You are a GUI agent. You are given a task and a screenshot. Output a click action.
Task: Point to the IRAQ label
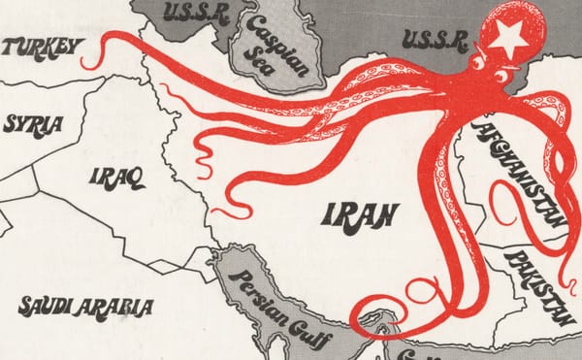click(x=116, y=177)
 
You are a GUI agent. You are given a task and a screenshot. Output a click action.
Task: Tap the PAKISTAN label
click(x=539, y=282)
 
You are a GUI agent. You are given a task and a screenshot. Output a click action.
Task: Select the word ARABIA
click(x=121, y=308)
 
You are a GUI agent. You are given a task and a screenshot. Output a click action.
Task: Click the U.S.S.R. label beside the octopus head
click(x=433, y=38)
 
